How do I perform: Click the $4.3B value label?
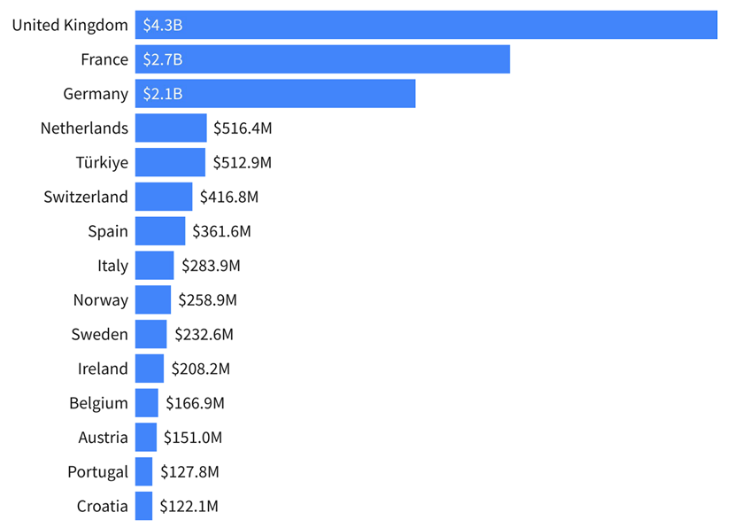click(163, 25)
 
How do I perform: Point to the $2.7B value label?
click(163, 59)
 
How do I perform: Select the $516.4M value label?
click(243, 128)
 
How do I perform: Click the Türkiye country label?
click(102, 163)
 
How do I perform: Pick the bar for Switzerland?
click(164, 197)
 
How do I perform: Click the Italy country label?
click(112, 266)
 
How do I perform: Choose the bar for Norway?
click(153, 299)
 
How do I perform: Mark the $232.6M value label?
click(204, 334)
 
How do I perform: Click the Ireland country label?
click(103, 369)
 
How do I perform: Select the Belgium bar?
click(147, 403)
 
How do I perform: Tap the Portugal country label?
click(97, 472)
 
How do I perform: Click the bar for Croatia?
click(143, 506)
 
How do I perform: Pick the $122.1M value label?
click(189, 507)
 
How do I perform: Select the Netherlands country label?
click(84, 128)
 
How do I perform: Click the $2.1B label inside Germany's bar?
click(163, 94)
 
